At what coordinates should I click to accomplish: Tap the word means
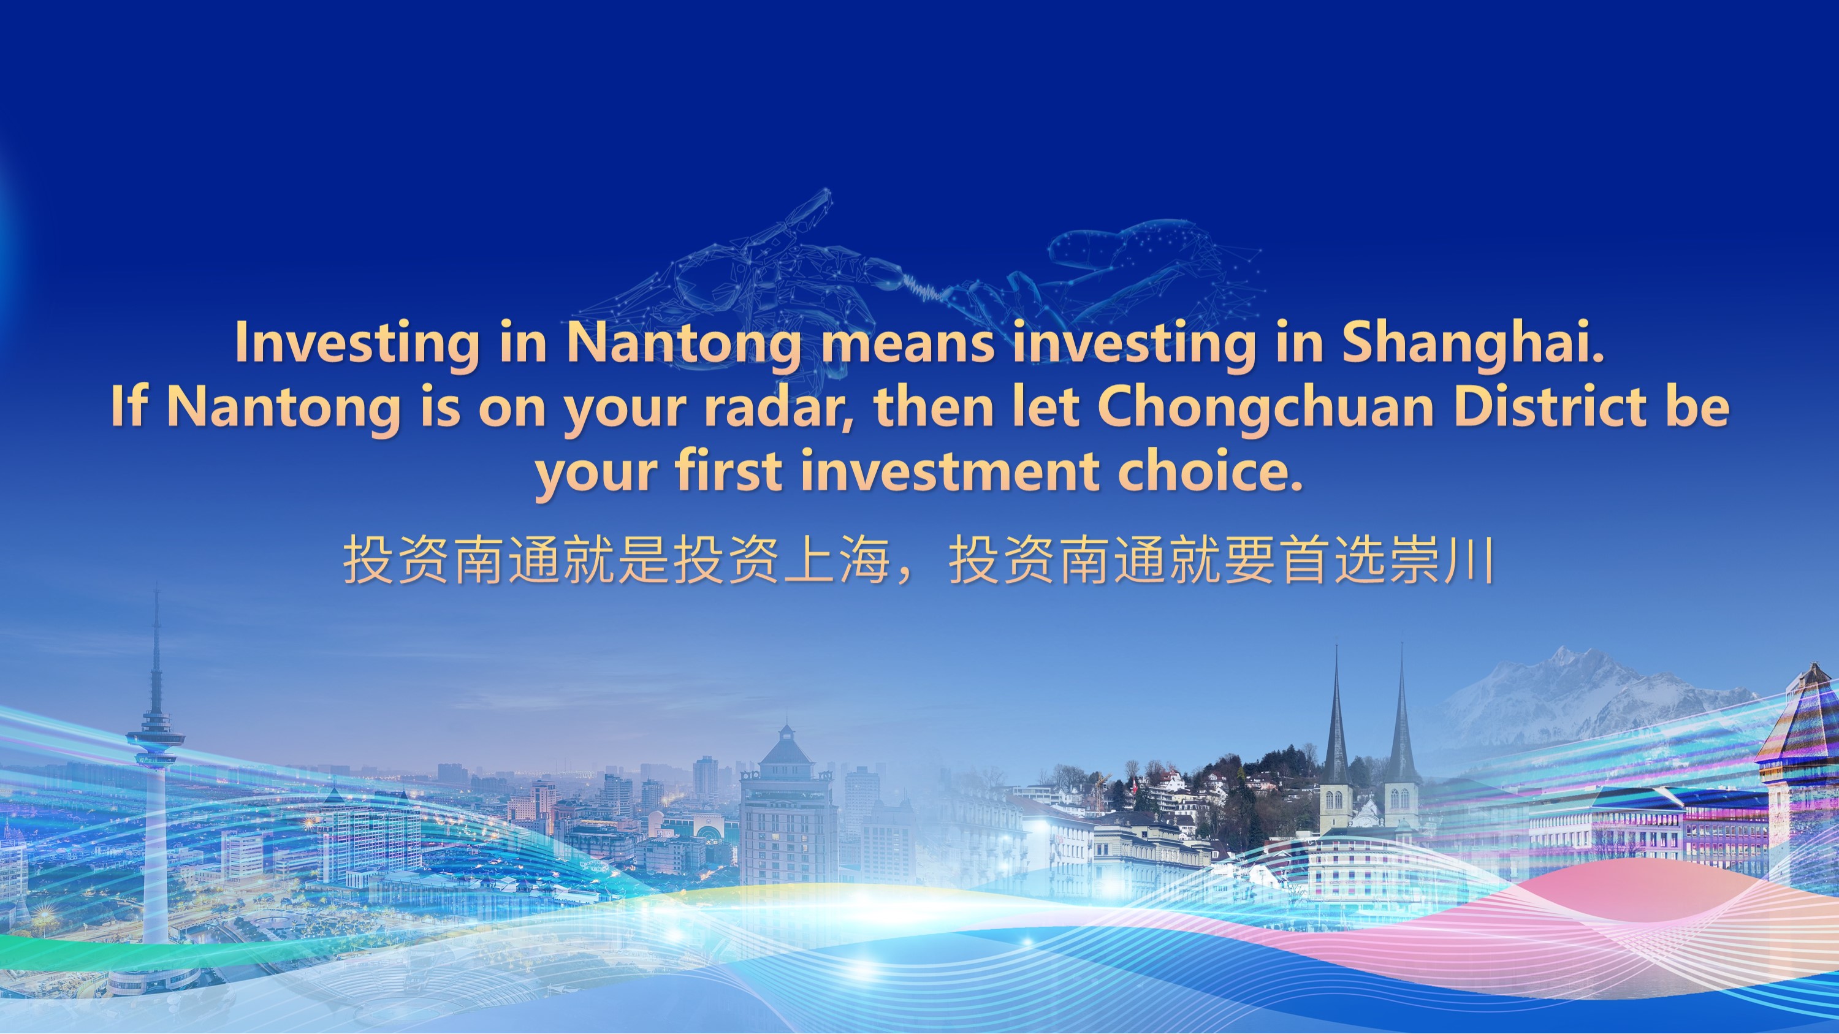907,344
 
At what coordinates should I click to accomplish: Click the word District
1550,407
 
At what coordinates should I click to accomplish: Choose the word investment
950,471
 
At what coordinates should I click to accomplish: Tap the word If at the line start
129,407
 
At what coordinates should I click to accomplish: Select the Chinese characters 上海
837,560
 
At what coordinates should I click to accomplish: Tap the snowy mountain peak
1563,656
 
